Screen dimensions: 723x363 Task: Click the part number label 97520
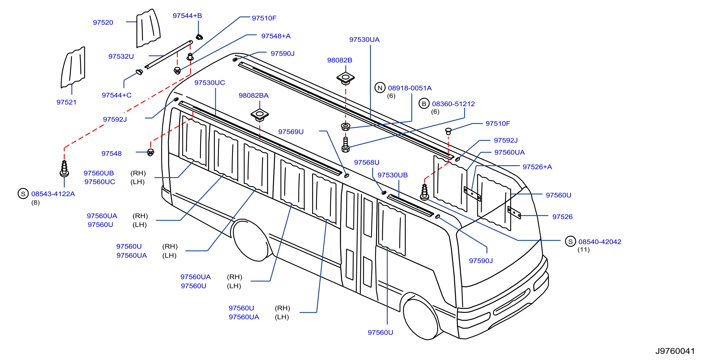(103, 23)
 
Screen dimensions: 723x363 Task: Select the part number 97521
(67, 102)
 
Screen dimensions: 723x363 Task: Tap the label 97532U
(121, 56)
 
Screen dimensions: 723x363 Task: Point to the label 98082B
(340, 60)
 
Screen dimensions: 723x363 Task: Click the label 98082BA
(253, 96)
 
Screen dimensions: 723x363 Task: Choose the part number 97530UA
(364, 40)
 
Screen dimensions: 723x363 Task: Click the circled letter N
(380, 88)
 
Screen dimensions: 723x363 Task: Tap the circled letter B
(424, 104)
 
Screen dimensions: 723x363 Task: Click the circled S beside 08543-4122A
(23, 194)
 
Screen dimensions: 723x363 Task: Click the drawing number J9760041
(675, 351)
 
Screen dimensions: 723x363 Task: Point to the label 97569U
(291, 132)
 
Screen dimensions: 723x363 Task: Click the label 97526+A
(537, 167)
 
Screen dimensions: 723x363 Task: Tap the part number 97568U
(367, 163)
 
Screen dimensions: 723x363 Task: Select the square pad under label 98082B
(345, 78)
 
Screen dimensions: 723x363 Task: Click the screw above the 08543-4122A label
(64, 169)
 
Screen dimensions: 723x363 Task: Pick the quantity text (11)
(583, 250)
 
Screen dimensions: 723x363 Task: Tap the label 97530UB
(392, 175)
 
